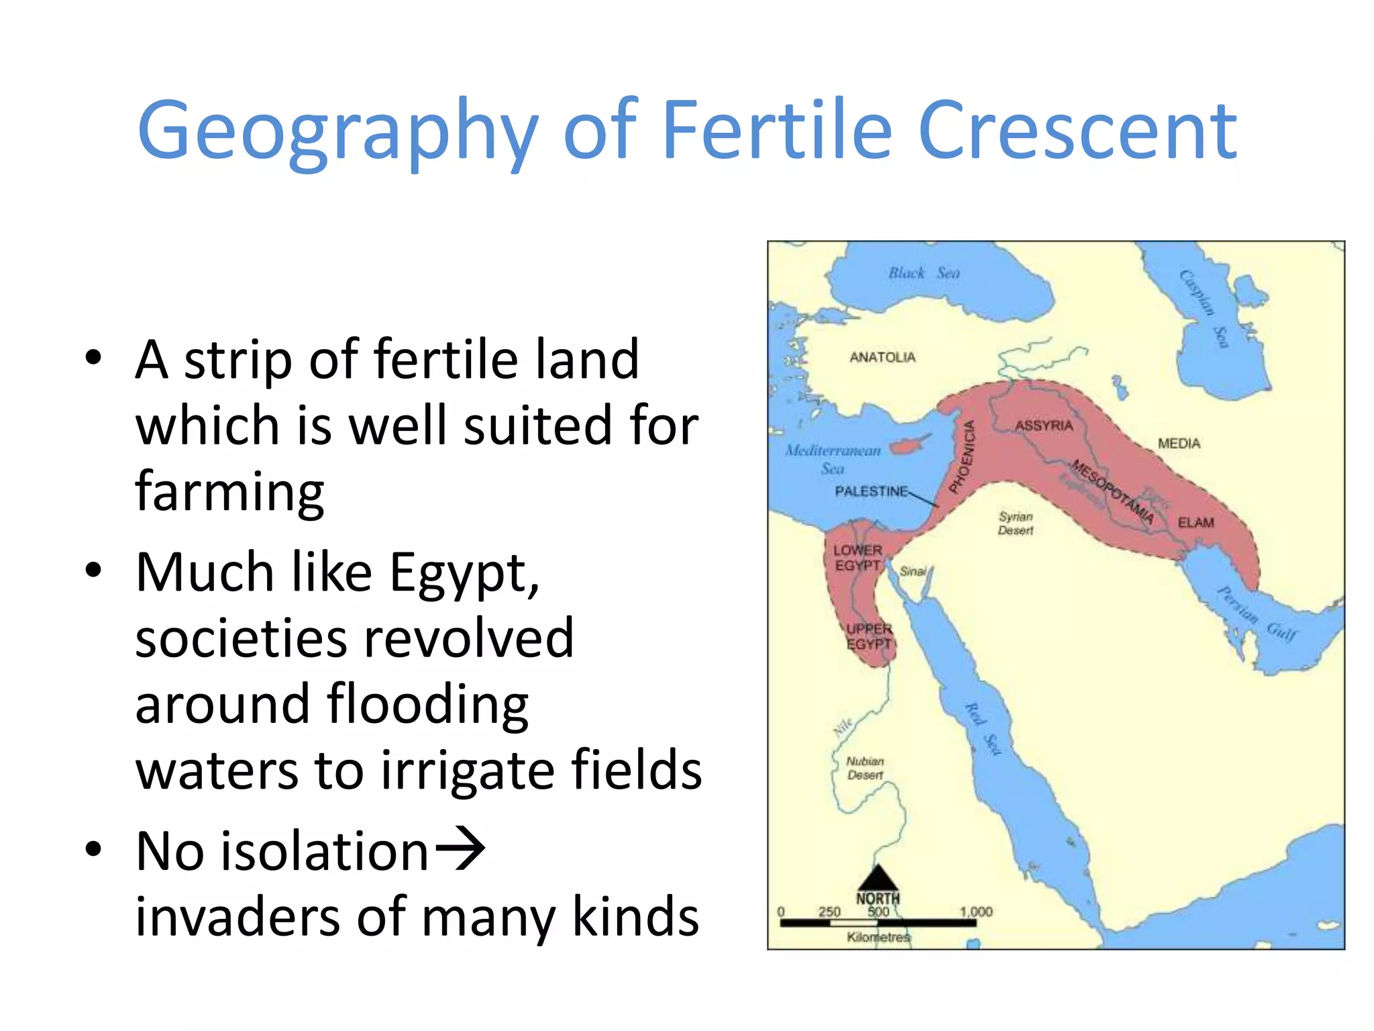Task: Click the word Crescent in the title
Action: (x=1077, y=130)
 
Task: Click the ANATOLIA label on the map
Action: (x=882, y=357)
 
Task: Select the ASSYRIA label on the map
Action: (x=1044, y=426)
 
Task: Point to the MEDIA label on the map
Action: (x=1179, y=443)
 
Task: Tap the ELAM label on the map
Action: (x=1196, y=522)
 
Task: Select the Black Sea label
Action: (x=924, y=273)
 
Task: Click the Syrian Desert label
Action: (x=1016, y=524)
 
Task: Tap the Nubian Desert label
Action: (x=865, y=768)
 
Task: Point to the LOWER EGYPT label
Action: (x=857, y=558)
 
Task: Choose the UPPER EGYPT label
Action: (x=869, y=636)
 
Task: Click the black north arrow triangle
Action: (x=878, y=878)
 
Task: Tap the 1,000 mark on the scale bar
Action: (x=975, y=912)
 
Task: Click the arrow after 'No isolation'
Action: (x=460, y=850)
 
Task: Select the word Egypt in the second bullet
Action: (x=464, y=574)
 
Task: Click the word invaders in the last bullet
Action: (x=237, y=917)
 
